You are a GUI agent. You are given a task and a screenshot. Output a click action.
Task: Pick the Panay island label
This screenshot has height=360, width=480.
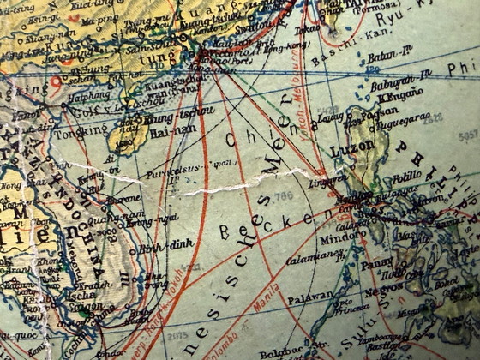coord(377,265)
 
